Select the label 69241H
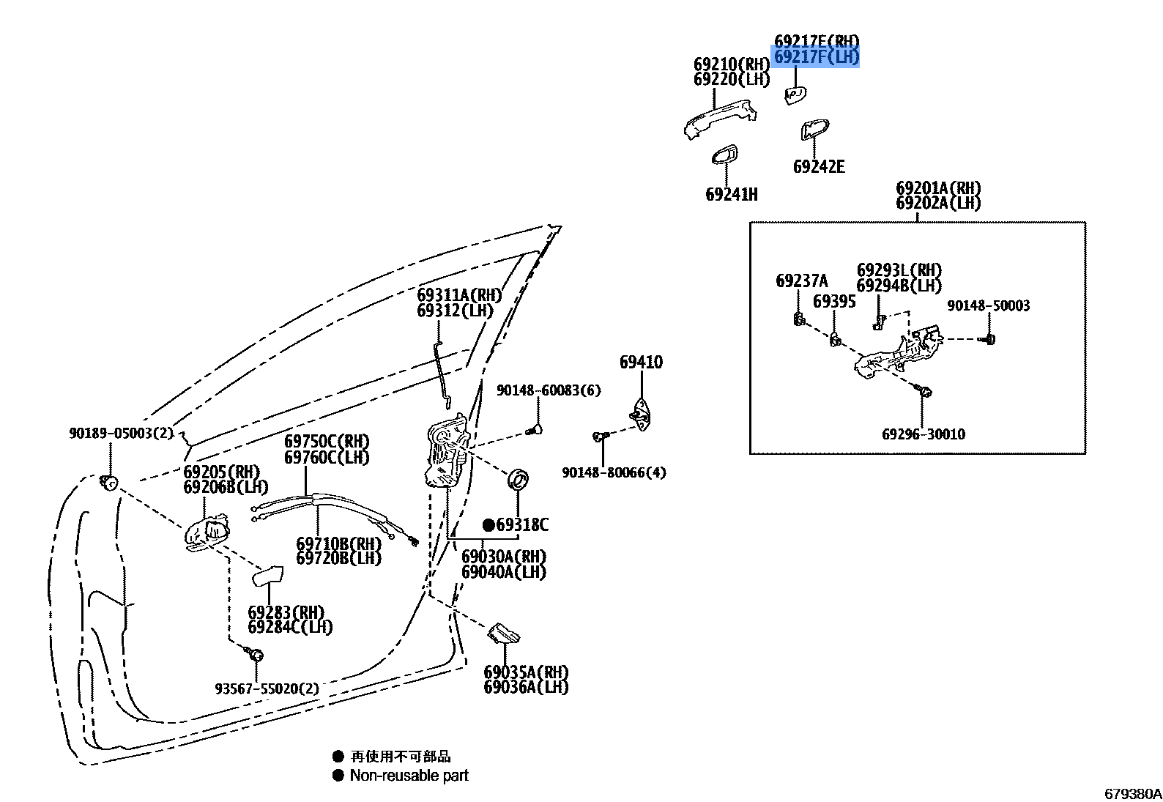pyautogui.click(x=731, y=195)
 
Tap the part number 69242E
pyautogui.click(x=819, y=167)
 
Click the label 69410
pyautogui.click(x=641, y=362)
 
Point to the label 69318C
pyautogui.click(x=521, y=525)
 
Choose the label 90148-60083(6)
pyautogui.click(x=549, y=390)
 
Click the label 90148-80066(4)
pyautogui.click(x=614, y=472)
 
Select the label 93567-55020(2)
pyautogui.click(x=267, y=688)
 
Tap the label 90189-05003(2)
pyautogui.click(x=120, y=433)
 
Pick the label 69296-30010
pyautogui.click(x=923, y=434)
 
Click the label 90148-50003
pyautogui.click(x=988, y=305)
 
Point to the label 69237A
pyautogui.click(x=802, y=281)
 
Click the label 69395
pyautogui.click(x=834, y=301)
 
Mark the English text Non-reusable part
pyautogui.click(x=409, y=775)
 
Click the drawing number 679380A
pyautogui.click(x=1132, y=794)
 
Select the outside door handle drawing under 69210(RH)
pyautogui.click(x=719, y=119)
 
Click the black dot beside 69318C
pyautogui.click(x=488, y=525)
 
